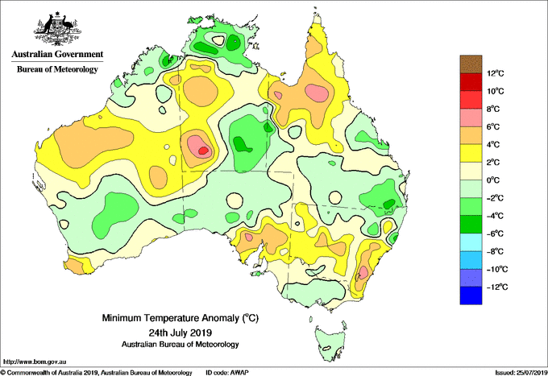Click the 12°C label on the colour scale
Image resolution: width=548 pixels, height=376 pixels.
[x=496, y=73]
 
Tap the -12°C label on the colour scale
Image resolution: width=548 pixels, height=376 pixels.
[x=496, y=287]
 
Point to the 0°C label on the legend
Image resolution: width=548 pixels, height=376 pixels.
[x=493, y=180]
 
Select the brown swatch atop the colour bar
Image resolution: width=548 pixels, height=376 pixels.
[x=471, y=64]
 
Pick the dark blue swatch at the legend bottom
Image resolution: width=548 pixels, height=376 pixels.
[x=471, y=295]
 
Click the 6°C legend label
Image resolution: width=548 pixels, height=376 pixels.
[x=493, y=126]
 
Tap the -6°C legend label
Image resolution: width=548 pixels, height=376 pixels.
[x=495, y=233]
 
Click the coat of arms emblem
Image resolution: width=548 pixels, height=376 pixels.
[x=57, y=29]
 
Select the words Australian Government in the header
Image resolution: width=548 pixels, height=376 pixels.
[x=57, y=54]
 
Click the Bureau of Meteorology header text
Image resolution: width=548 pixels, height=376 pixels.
[x=57, y=69]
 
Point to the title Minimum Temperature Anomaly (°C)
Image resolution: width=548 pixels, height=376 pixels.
[x=180, y=318]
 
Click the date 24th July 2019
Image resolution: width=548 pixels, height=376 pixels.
[x=180, y=332]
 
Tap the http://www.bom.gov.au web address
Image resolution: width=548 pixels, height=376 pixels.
[x=34, y=362]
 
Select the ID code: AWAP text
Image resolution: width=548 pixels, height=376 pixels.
[x=227, y=373]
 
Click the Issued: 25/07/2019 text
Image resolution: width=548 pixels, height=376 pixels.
[x=521, y=373]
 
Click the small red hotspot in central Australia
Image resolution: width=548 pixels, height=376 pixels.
[x=203, y=151]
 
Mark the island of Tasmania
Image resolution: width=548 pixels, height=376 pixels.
[x=330, y=342]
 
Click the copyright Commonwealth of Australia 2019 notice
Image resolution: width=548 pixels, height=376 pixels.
[x=97, y=373]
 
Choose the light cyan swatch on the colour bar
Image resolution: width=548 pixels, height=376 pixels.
[x=471, y=242]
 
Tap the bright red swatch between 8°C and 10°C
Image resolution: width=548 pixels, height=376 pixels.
[x=471, y=100]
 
